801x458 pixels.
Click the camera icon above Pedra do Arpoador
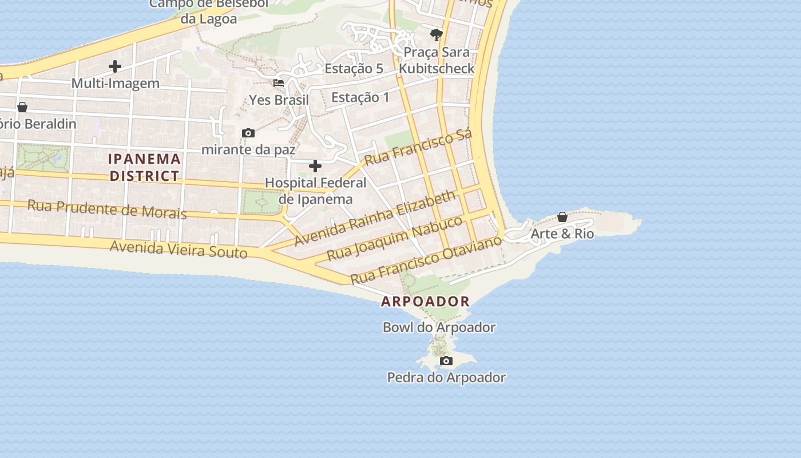(446, 361)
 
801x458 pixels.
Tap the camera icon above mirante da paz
(248, 133)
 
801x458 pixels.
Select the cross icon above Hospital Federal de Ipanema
(315, 166)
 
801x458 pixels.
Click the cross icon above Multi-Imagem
(115, 66)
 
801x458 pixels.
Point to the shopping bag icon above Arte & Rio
(562, 217)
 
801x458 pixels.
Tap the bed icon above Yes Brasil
(279, 83)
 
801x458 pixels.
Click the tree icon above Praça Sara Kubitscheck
(437, 35)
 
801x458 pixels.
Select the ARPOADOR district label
(425, 301)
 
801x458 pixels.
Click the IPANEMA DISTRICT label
(145, 167)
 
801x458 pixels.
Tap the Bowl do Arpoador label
(439, 327)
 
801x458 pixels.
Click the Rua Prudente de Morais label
(107, 209)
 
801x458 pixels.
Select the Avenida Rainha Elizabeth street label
(375, 218)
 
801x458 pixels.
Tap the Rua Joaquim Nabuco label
(394, 237)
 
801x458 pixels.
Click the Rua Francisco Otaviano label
(426, 259)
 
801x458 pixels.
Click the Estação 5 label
(354, 69)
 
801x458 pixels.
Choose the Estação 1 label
(360, 97)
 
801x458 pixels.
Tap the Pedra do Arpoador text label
(446, 377)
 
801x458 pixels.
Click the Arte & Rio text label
(562, 234)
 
